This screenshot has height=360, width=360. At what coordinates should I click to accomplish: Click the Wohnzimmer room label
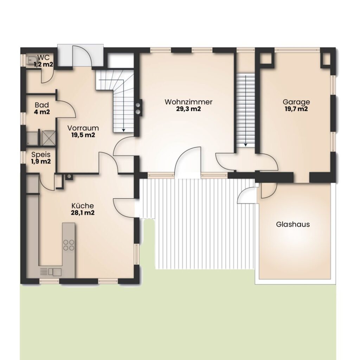point(188,102)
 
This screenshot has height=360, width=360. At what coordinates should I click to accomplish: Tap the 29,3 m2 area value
point(188,109)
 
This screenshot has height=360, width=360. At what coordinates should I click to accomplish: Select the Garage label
point(296,102)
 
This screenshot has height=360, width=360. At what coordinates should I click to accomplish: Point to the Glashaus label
point(293,224)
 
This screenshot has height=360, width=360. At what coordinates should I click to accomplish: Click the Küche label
point(83,206)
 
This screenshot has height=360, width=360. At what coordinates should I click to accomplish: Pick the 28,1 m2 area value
point(83,213)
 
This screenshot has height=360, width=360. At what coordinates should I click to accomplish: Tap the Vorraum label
point(83,128)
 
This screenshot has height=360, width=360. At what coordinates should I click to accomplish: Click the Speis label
point(41,155)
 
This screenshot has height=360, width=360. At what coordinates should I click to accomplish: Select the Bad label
point(42,105)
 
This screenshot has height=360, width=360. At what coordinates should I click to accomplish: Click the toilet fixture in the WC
point(31,60)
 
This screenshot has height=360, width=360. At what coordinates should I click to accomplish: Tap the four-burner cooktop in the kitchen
point(69,245)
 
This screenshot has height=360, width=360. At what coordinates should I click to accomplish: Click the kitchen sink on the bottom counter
point(55,272)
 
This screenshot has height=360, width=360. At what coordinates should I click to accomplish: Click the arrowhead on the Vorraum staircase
point(123,130)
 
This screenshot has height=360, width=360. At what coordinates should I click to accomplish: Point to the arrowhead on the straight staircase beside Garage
point(245,145)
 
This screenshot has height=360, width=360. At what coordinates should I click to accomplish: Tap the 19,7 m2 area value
point(296,109)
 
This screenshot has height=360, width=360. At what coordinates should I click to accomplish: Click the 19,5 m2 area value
point(83,135)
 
